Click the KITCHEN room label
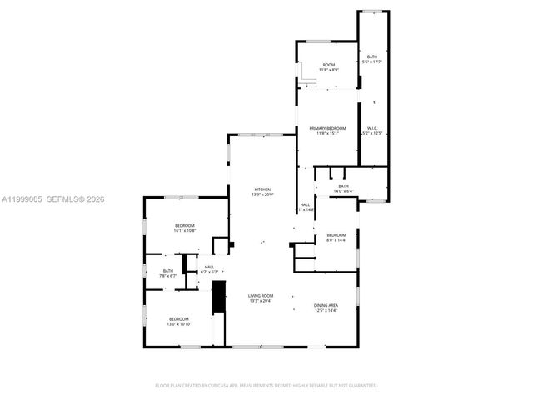click(262, 190)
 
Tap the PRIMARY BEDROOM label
click(327, 128)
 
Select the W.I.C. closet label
click(372, 128)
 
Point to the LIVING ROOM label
click(261, 296)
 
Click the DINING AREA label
click(326, 305)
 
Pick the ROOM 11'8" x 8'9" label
click(329, 65)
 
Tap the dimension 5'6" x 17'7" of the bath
click(371, 62)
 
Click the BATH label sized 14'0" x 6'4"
click(343, 186)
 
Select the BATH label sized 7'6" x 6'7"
click(168, 270)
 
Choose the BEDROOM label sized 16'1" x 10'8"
click(184, 226)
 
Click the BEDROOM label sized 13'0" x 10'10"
click(180, 319)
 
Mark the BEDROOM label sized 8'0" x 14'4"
click(336, 234)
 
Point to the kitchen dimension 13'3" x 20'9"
click(262, 195)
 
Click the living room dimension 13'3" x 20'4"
click(261, 301)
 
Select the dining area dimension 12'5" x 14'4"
click(326, 310)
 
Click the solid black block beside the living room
click(219, 297)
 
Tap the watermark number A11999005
click(21, 199)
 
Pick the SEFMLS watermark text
click(64, 199)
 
